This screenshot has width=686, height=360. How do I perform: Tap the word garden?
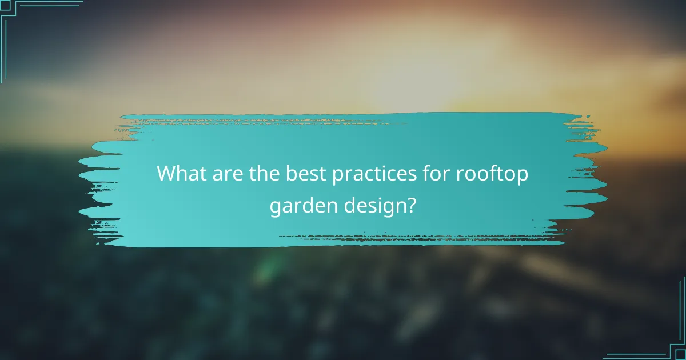coord(298,206)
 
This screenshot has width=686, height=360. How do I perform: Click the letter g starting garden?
coord(274,208)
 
